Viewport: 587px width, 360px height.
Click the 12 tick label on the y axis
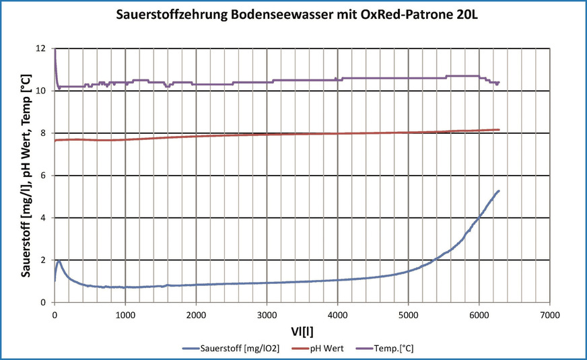pos(41,49)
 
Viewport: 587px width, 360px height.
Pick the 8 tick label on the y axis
pos(44,133)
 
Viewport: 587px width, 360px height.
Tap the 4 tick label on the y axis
pos(44,218)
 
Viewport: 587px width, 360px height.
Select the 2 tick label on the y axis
pos(44,260)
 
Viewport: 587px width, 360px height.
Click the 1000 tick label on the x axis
pos(125,314)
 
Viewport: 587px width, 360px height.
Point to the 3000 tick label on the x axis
pos(267,314)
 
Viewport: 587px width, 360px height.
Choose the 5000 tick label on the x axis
pos(408,314)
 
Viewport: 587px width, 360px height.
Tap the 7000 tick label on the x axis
pos(549,314)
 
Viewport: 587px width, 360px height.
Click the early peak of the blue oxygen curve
pos(59,261)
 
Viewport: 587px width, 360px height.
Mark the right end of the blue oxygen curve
pos(498,191)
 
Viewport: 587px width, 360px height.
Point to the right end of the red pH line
pos(499,129)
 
